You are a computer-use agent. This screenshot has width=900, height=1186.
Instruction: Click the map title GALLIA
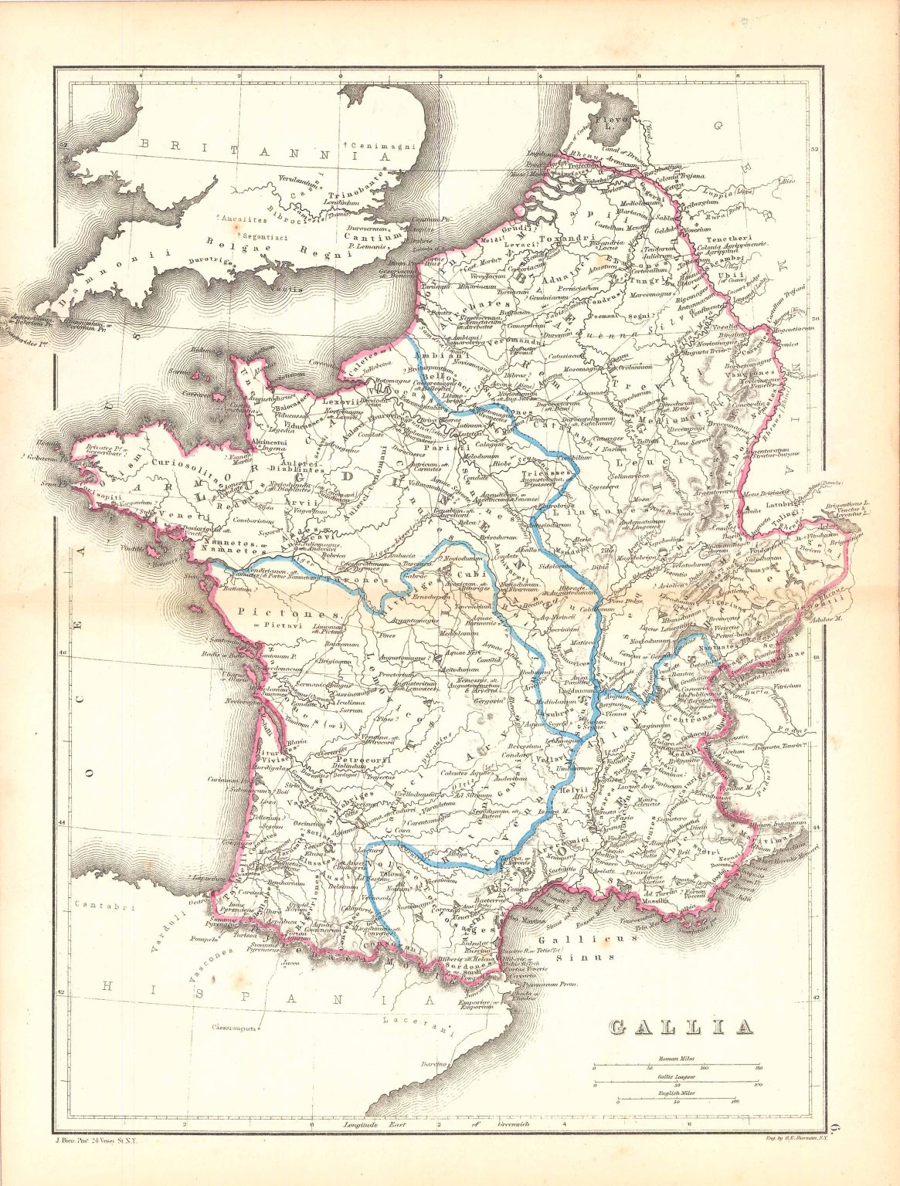point(681,1027)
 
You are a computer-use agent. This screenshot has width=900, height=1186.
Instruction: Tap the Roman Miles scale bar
point(677,1068)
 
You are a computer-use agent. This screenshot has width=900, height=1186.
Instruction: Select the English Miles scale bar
point(677,1102)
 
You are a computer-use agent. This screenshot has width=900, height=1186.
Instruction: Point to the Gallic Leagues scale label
point(677,1076)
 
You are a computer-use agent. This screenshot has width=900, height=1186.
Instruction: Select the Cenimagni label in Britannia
point(386,146)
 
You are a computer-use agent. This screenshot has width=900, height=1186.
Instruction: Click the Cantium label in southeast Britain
point(385,236)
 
